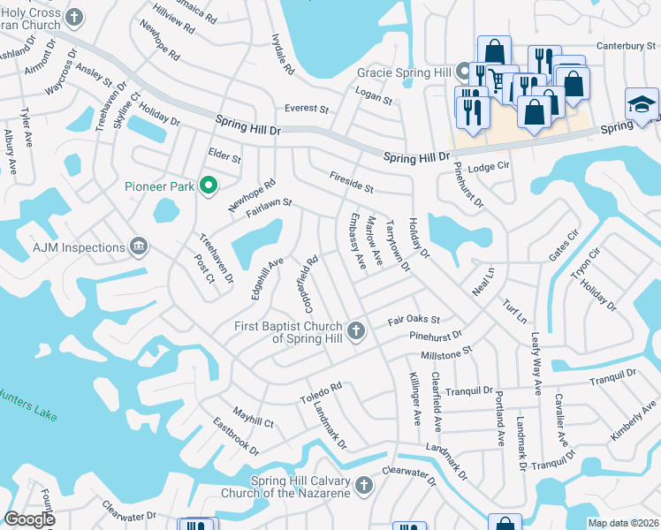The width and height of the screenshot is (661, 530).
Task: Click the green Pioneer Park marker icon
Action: [x=209, y=185]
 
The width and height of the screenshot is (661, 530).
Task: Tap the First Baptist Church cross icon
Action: [x=356, y=331]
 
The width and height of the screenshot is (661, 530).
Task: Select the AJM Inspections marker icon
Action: [x=138, y=247]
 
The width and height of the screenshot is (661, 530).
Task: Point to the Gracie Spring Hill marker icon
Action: [x=464, y=71]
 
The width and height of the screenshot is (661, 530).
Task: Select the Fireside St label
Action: [x=352, y=183]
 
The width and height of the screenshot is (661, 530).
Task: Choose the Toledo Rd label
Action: [x=320, y=394]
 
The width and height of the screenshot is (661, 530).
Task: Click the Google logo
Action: [x=30, y=519]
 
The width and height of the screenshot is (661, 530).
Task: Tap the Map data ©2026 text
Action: [x=624, y=523]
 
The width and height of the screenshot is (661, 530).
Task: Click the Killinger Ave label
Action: [x=414, y=401]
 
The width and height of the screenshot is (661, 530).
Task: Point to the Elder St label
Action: [x=224, y=155]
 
